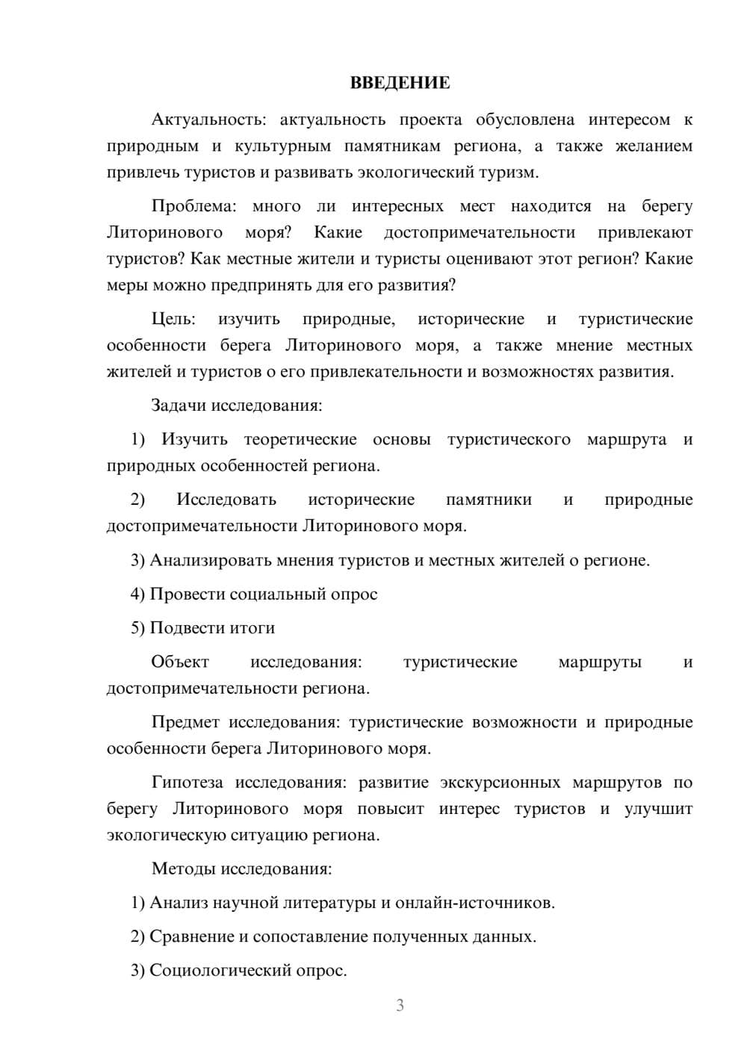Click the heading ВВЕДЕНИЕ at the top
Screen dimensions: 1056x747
pyautogui.click(x=400, y=83)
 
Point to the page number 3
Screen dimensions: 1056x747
pyautogui.click(x=400, y=1005)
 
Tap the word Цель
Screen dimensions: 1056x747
pyautogui.click(x=173, y=320)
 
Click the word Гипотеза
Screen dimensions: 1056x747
pyautogui.click(x=187, y=783)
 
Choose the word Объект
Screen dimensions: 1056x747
pyautogui.click(x=180, y=662)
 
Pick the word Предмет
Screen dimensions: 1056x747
pyautogui.click(x=185, y=723)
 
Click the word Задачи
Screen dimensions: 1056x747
pyautogui.click(x=179, y=406)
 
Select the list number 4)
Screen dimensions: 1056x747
pyautogui.click(x=137, y=594)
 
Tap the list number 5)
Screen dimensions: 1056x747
pyautogui.click(x=137, y=628)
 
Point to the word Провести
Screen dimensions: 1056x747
pyautogui.click(x=187, y=594)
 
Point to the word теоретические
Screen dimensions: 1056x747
pyautogui.click(x=300, y=440)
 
